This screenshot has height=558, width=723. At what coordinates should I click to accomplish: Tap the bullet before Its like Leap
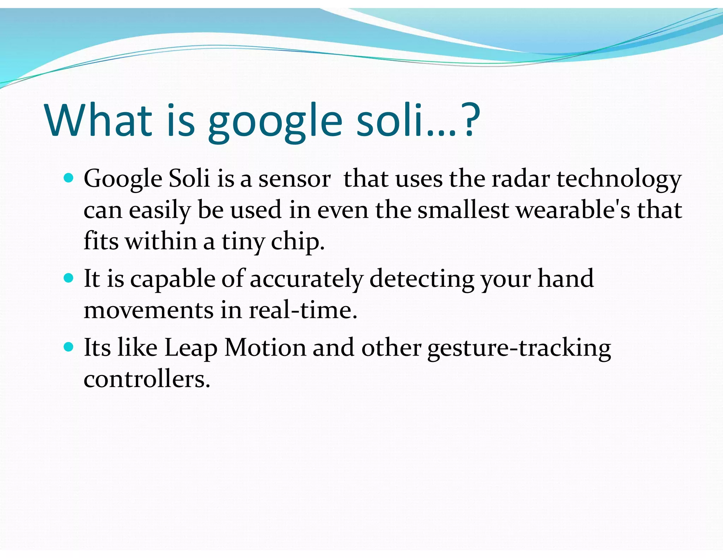(68, 347)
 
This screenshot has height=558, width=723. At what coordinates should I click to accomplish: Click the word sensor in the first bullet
(294, 179)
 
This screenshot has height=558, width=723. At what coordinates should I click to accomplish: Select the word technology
(619, 179)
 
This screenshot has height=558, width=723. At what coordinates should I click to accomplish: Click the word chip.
(297, 242)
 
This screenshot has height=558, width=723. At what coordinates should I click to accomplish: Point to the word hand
(565, 278)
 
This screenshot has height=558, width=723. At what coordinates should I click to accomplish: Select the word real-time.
(303, 310)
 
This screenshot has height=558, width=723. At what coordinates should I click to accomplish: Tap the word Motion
(265, 347)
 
